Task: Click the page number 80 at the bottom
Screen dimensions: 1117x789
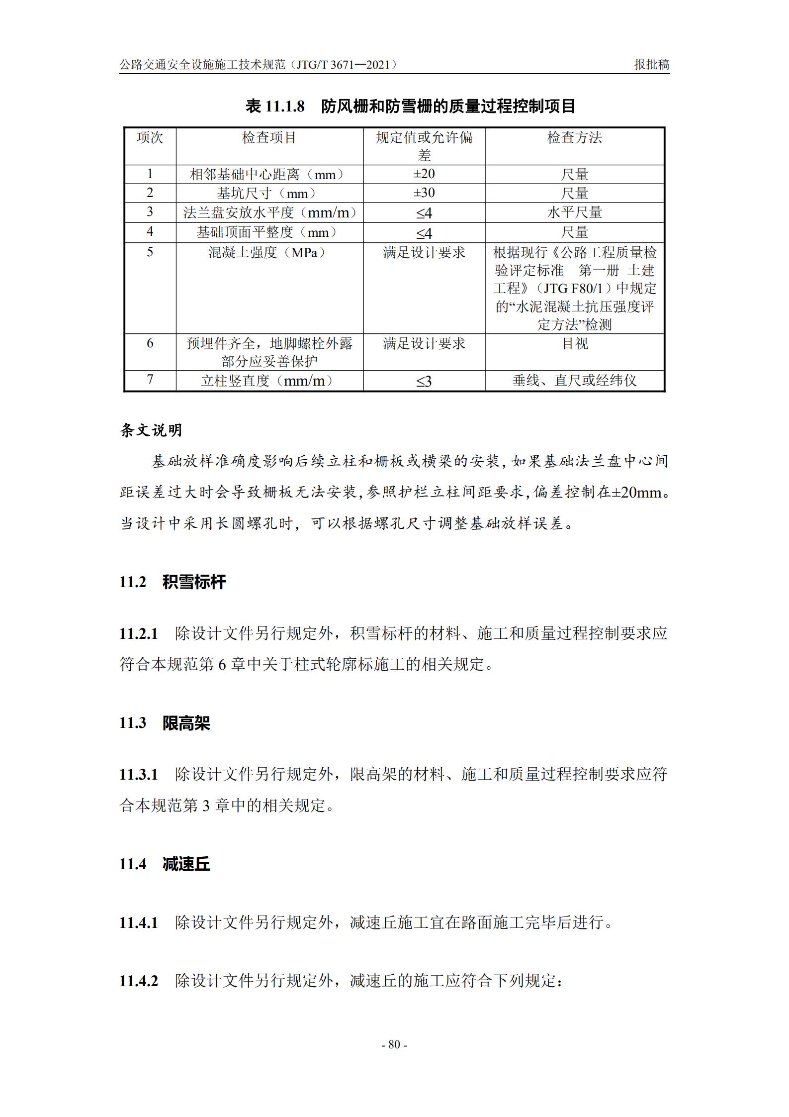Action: click(x=394, y=1044)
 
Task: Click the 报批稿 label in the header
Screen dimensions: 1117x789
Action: click(x=651, y=65)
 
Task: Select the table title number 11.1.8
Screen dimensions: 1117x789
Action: click(x=285, y=106)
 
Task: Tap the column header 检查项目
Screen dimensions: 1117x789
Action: click(x=269, y=138)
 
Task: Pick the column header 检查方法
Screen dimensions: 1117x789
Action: click(x=574, y=138)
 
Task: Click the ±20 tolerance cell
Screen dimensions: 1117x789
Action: click(x=424, y=174)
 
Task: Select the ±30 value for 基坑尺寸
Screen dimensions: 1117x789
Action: click(x=424, y=193)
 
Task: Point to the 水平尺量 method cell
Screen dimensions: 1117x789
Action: click(x=574, y=213)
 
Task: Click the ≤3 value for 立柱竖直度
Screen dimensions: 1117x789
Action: click(x=424, y=382)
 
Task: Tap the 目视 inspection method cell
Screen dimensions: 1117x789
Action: click(x=574, y=344)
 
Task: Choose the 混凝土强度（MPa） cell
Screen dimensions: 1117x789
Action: click(x=269, y=253)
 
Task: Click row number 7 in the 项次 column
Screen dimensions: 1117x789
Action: click(x=150, y=380)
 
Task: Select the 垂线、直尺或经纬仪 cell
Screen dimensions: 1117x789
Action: click(x=574, y=381)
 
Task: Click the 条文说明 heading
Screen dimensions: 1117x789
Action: click(x=151, y=430)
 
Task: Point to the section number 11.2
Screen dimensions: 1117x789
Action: click(x=133, y=582)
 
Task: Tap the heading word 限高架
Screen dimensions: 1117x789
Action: click(x=186, y=723)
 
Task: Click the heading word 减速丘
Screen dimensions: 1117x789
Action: click(x=186, y=864)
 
